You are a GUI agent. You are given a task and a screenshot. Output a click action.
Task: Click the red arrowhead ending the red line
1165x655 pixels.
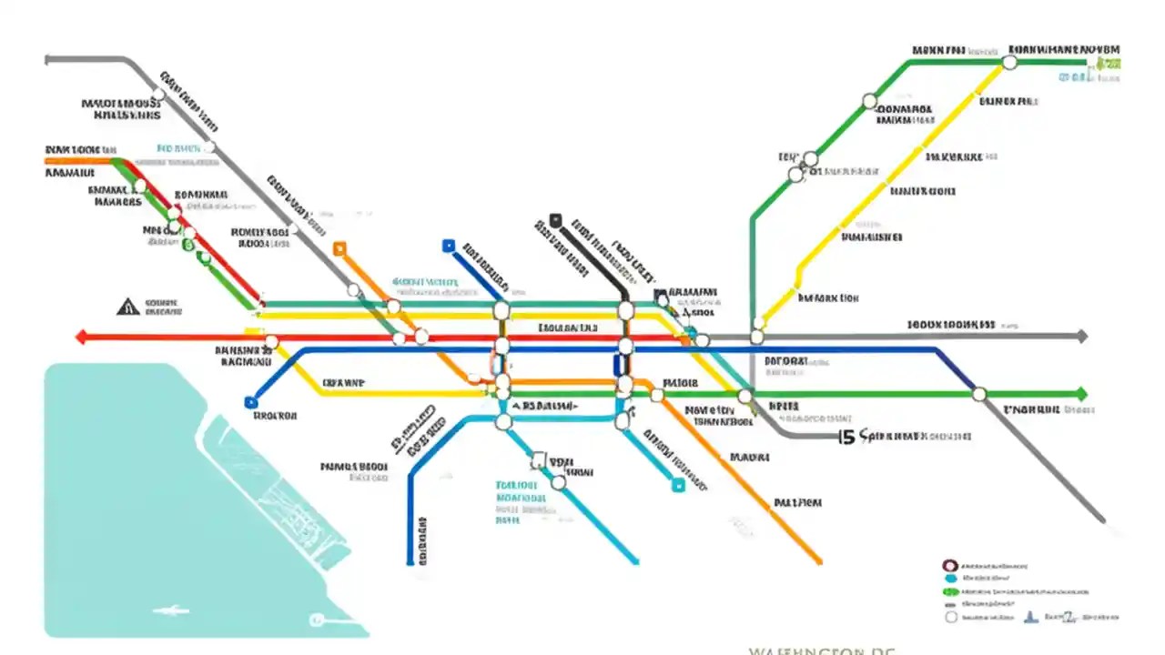coord(81,338)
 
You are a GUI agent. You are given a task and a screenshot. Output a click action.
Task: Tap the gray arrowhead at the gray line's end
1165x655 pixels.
coord(1081,337)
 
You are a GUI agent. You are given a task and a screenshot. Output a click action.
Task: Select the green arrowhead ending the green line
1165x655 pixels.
coord(1081,394)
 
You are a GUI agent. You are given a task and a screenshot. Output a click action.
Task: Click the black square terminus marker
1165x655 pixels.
coord(555,220)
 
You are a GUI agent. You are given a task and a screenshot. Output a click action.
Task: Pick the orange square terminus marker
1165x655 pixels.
coord(339,247)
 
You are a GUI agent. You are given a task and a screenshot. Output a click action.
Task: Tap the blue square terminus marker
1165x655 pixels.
coord(448,246)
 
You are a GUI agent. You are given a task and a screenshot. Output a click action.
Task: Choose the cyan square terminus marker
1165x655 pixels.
coord(678,486)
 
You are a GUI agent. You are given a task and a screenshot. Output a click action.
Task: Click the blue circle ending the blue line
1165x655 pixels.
coord(251,402)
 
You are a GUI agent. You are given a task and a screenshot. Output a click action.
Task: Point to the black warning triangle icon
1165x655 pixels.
coord(127,307)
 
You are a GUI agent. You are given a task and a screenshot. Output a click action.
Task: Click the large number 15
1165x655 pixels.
coord(846,438)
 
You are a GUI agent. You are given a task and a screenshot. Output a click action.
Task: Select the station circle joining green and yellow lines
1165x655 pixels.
coord(1009,62)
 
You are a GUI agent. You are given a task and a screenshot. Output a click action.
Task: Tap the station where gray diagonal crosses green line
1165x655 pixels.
coord(979,394)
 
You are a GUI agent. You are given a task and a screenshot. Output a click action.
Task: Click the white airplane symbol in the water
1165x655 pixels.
coord(166,610)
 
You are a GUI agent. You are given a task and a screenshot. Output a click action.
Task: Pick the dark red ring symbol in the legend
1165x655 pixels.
coord(950,565)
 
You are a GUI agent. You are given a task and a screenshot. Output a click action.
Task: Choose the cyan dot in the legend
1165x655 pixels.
coord(950,578)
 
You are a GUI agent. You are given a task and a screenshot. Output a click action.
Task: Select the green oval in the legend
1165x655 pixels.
coord(950,590)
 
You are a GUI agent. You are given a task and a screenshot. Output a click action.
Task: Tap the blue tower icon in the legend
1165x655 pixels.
coord(1031,617)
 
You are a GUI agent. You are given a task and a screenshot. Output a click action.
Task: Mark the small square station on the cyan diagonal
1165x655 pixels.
coord(538,460)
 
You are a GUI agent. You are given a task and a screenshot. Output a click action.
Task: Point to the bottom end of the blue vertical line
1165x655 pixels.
coord(410,562)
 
